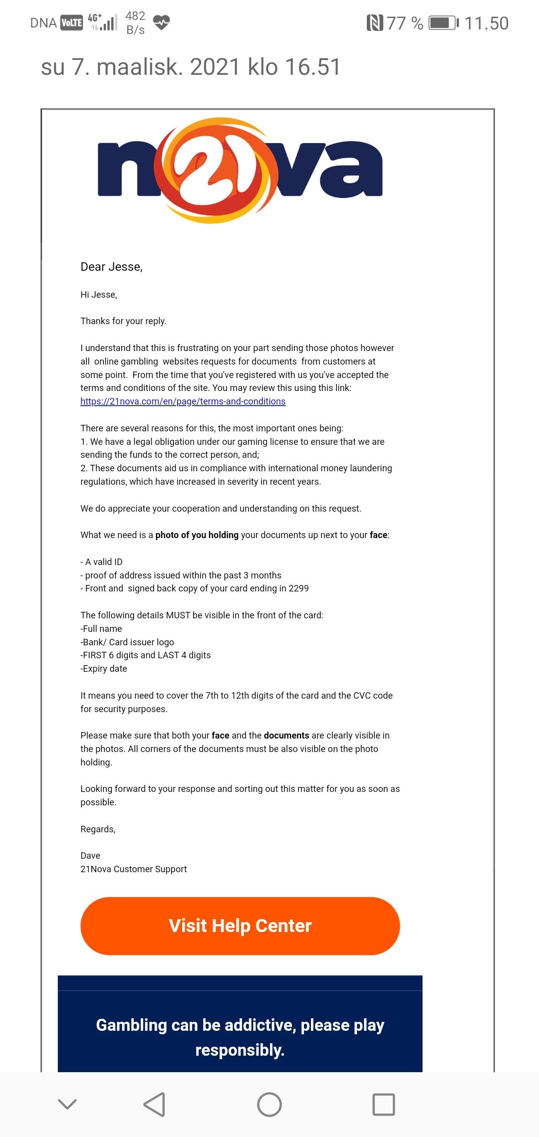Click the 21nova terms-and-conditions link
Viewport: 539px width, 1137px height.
coord(183,401)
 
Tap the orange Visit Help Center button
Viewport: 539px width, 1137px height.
coord(240,926)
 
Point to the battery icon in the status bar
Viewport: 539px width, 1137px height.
coord(444,23)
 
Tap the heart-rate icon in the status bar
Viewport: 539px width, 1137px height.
coord(161,22)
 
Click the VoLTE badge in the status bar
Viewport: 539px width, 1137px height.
coord(71,23)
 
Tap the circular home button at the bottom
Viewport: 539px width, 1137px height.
coord(269,1104)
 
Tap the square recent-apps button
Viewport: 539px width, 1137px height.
coord(384,1104)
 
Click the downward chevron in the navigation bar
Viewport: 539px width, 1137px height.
coord(67,1104)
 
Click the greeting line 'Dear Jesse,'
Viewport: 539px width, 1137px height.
coord(111,267)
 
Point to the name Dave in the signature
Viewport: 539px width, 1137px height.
coord(90,856)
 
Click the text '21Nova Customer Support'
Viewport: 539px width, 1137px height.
coord(133,869)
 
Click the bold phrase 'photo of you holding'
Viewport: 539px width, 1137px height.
coord(197,535)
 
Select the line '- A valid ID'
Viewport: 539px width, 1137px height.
coord(101,562)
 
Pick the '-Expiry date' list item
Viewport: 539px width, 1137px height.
coord(104,669)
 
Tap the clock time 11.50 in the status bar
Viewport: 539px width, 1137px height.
coord(486,23)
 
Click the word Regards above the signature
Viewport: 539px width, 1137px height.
coord(97,829)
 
